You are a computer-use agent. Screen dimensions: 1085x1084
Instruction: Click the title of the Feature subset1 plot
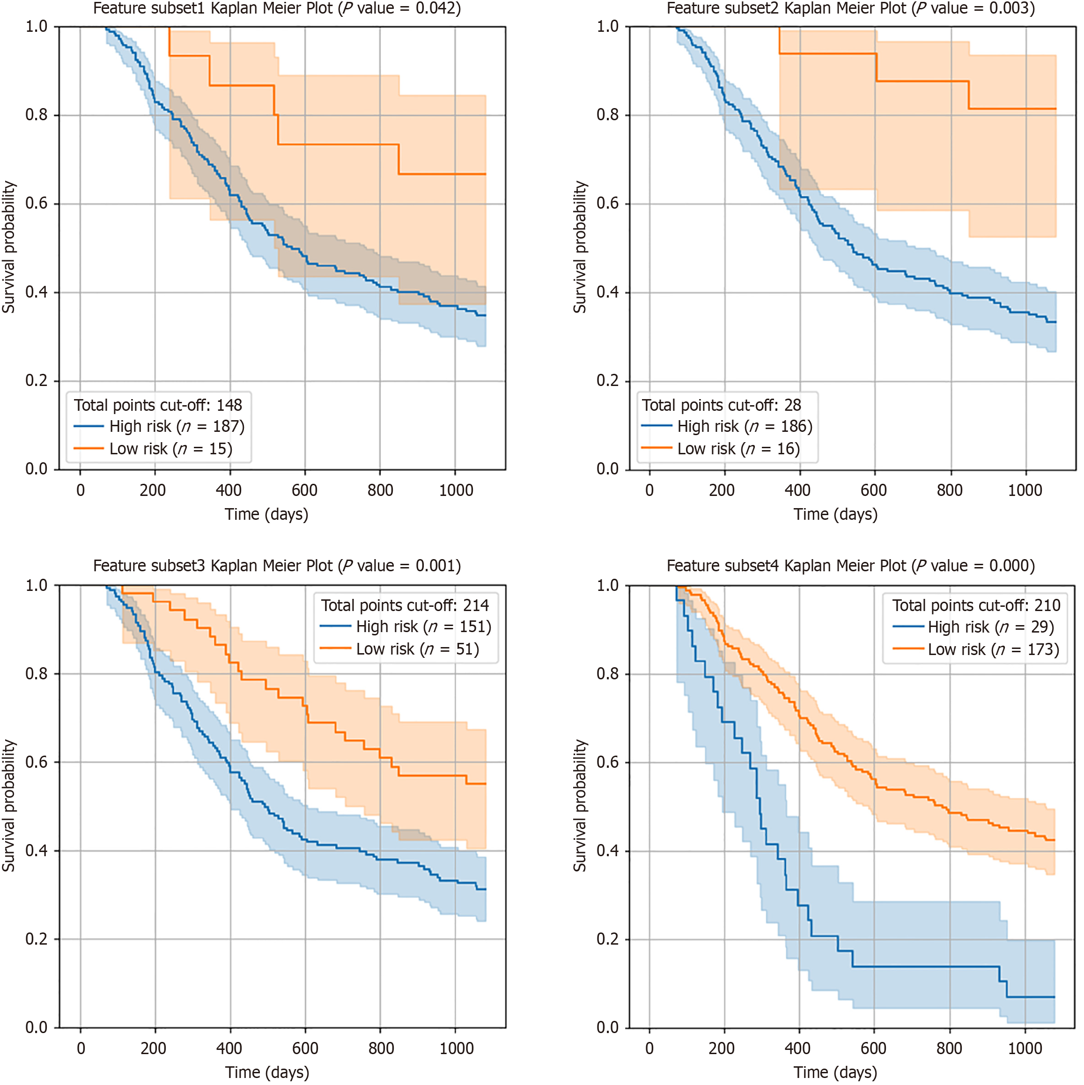276,8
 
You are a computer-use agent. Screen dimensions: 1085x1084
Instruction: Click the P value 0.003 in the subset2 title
1011,8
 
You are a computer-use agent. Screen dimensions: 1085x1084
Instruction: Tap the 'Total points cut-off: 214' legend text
405,605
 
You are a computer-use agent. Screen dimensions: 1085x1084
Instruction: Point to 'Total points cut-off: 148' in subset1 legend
158,405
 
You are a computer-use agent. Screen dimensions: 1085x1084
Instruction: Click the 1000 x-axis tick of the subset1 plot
456,490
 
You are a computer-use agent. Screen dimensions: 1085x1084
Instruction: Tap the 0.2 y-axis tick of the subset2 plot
607,381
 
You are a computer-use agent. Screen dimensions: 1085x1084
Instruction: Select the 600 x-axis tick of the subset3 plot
305,1048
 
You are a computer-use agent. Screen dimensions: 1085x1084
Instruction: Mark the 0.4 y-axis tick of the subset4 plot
607,850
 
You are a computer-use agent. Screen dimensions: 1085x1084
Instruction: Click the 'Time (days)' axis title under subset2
835,514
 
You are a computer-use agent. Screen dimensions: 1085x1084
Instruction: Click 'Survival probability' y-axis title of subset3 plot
8,805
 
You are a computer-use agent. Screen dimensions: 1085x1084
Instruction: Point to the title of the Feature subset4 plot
850,566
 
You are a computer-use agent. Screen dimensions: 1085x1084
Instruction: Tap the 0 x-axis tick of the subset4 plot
649,1048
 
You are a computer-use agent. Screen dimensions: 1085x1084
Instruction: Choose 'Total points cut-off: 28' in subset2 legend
721,405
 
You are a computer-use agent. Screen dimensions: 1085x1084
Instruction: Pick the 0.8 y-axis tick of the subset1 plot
36,115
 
